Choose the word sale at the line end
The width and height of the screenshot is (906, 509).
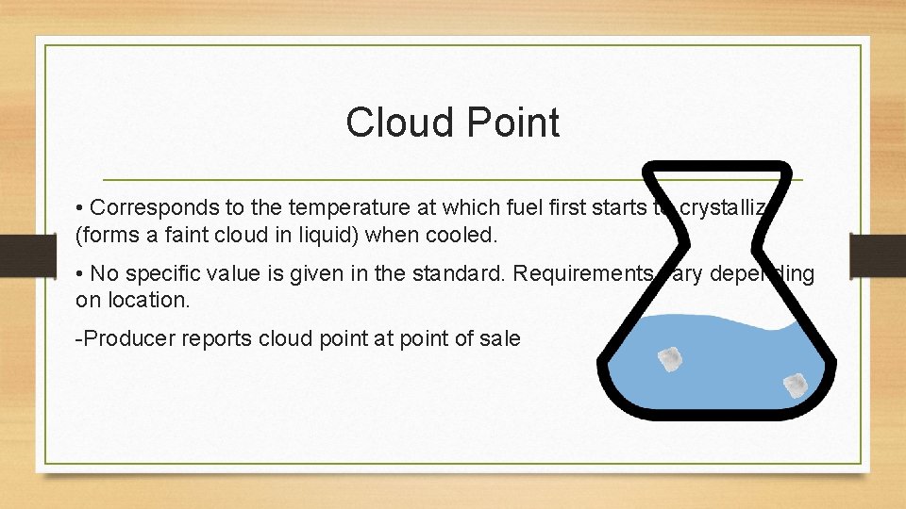501,338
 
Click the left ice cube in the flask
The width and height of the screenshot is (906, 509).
670,359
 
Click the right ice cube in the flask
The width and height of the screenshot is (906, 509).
795,384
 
